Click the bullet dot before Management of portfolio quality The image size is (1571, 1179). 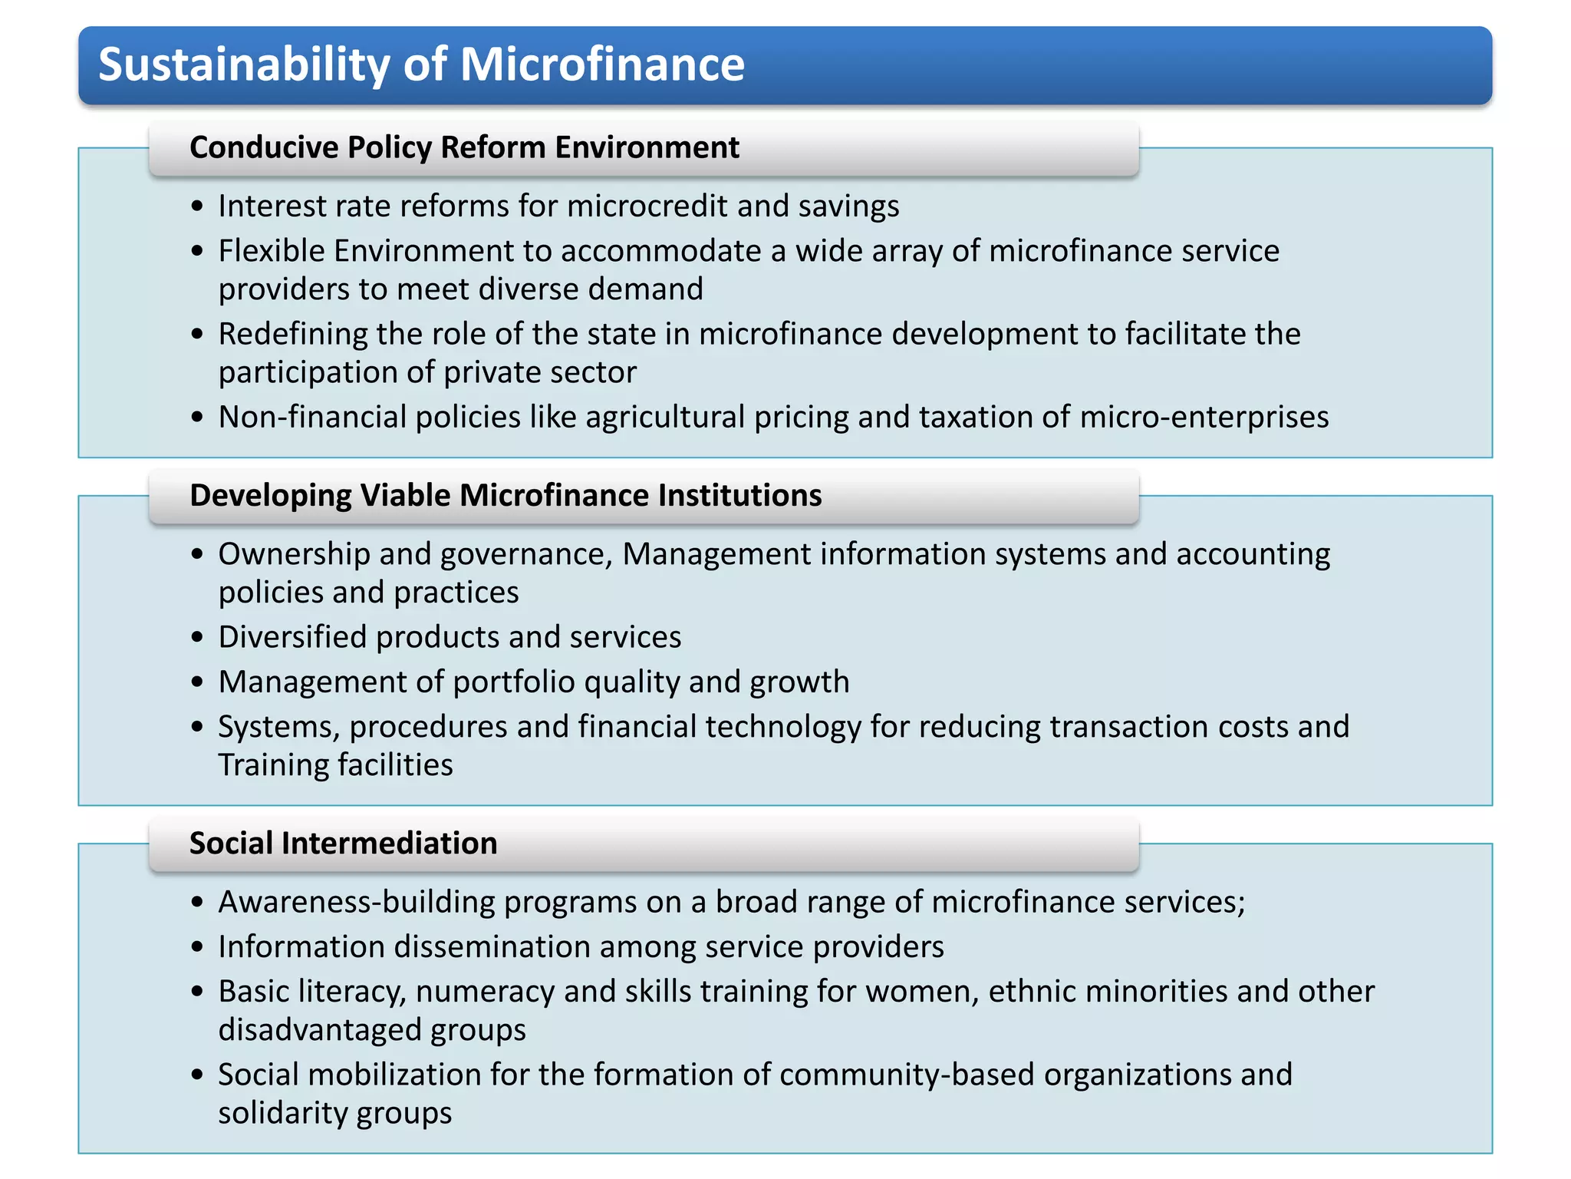point(198,682)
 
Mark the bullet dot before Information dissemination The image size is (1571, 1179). point(198,947)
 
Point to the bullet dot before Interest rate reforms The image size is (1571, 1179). point(198,206)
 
